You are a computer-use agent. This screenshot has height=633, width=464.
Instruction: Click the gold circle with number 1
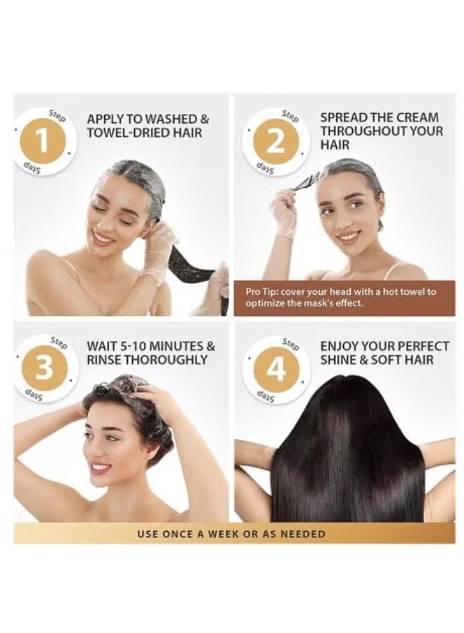point(44,141)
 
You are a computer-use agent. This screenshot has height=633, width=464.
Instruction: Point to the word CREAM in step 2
point(417,117)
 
